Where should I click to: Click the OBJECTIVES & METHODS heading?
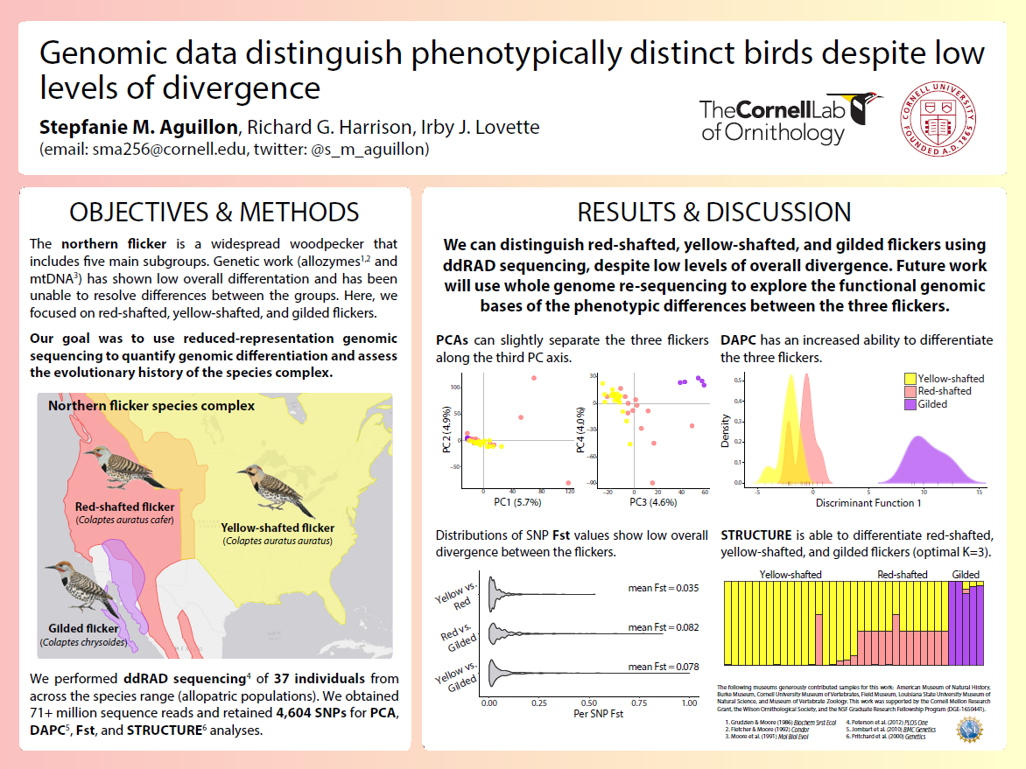click(x=214, y=212)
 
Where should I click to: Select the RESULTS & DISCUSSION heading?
click(x=713, y=212)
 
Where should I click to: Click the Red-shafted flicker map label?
click(x=124, y=507)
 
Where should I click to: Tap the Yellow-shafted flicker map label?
click(x=278, y=528)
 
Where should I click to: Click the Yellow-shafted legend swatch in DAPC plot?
click(x=910, y=379)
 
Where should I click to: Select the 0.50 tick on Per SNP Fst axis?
click(x=588, y=703)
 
